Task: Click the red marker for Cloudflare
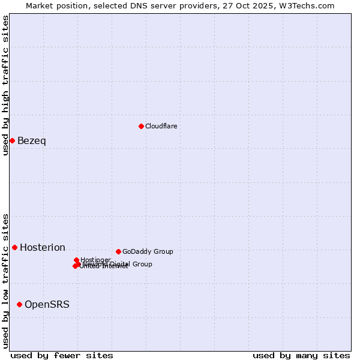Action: (141, 126)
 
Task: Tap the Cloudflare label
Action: (161, 126)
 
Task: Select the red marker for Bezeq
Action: (12, 140)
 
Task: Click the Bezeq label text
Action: (31, 141)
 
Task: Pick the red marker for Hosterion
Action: (14, 247)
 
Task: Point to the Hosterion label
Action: (43, 247)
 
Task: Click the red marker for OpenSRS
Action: (19, 305)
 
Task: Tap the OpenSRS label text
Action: (47, 305)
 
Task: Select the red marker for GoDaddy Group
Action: (118, 251)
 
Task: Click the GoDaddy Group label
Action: (148, 251)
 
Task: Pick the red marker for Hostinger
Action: (76, 260)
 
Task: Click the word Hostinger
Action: (95, 260)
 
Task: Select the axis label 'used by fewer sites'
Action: (62, 355)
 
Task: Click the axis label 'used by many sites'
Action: (301, 355)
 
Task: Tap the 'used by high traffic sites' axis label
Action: (6, 85)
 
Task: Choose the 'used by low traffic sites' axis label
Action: (6, 280)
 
